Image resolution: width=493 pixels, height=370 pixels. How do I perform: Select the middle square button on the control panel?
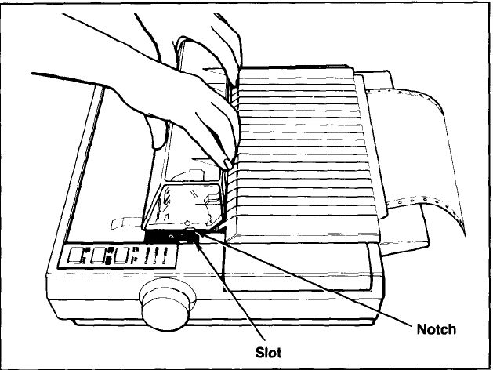[x=100, y=256]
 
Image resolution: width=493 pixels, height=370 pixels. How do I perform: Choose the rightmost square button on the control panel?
[x=121, y=256]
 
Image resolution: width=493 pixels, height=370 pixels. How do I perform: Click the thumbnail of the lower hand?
[x=227, y=163]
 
